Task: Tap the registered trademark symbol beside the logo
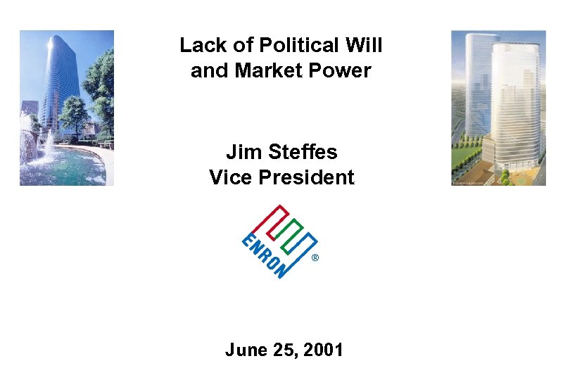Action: [315, 258]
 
